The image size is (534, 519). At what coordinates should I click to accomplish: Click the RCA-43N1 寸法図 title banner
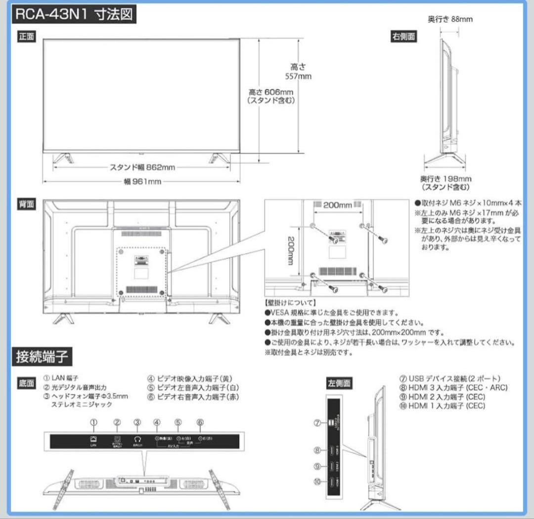coord(74,15)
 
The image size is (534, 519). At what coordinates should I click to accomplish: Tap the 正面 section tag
coord(27,37)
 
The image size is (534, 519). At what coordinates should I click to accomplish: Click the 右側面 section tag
coord(404,37)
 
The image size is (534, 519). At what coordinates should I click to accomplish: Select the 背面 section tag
coord(27,204)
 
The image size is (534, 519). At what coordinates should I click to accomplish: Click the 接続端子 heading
coord(42,357)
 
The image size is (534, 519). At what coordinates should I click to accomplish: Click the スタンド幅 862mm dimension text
coord(142,167)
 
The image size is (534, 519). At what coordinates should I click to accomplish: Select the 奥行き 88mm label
coord(450,19)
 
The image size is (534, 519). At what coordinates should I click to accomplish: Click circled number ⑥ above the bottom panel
coord(200,422)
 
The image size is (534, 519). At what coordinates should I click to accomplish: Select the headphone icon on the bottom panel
coord(137,439)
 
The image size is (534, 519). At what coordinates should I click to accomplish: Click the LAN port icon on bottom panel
coord(93,439)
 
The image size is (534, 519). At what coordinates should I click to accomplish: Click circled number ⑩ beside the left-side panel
coord(318,481)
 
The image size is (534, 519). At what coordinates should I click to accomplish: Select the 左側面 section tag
coord(339,383)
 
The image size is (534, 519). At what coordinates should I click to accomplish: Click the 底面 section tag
coord(27,383)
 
